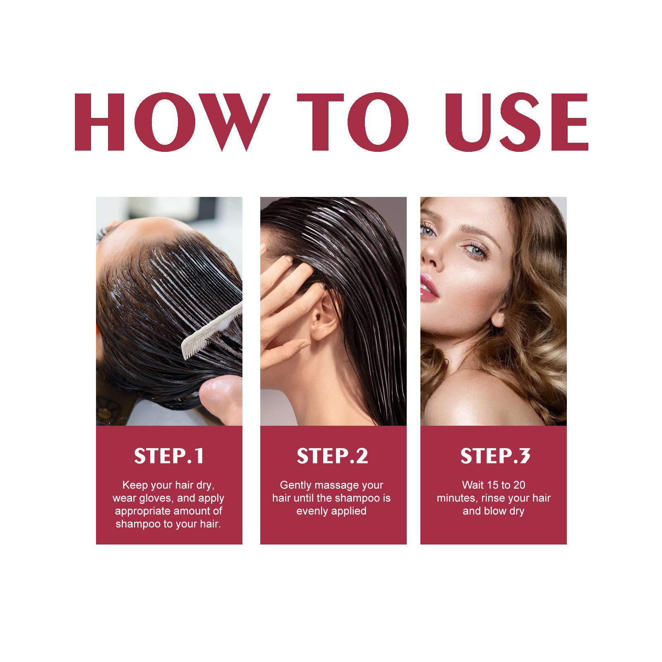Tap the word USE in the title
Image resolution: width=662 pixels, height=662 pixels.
tap(516, 122)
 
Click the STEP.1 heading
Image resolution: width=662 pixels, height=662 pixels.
tap(169, 456)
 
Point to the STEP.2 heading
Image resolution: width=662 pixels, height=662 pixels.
tap(332, 456)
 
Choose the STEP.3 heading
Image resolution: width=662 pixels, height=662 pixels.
tap(495, 456)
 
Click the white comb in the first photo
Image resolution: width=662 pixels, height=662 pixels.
tap(211, 331)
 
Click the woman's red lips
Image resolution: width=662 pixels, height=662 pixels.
tap(428, 288)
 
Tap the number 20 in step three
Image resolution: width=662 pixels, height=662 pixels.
tap(519, 485)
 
